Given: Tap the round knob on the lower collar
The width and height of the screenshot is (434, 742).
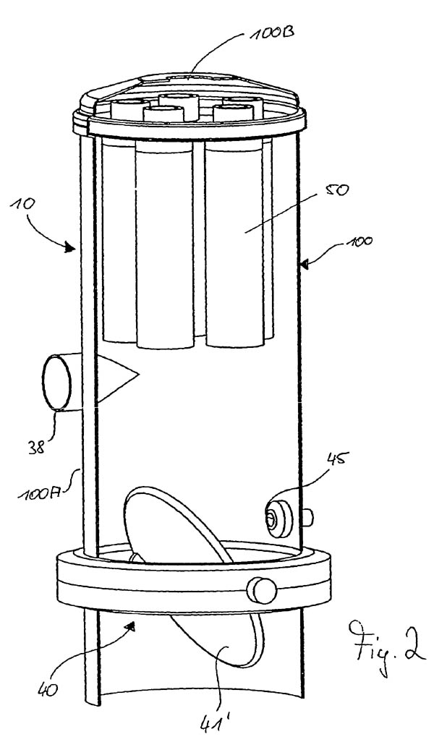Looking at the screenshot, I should [x=261, y=590].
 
